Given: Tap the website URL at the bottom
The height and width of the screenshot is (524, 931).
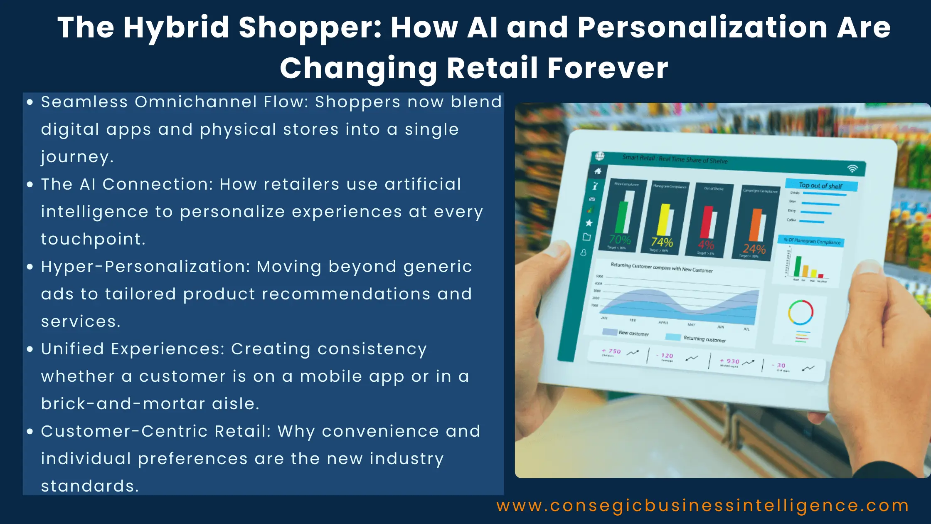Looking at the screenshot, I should coord(702,506).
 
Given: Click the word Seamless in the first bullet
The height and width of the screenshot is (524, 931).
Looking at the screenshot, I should coord(84,102).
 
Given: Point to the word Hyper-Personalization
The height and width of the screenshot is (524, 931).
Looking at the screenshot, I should coord(145,267).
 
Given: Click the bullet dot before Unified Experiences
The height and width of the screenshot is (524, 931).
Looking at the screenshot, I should coord(30,349).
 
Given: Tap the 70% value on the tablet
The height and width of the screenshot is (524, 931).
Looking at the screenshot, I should coord(620,240).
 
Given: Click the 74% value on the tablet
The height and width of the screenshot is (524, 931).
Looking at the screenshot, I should coord(662,242).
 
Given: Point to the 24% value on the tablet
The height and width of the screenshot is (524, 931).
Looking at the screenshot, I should coord(754,249).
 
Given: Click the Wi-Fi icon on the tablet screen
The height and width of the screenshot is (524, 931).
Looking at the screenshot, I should coord(852,168).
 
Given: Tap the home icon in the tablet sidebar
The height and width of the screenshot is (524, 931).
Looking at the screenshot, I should coord(598,171).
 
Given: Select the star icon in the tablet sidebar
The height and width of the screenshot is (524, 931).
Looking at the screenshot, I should coord(589,223).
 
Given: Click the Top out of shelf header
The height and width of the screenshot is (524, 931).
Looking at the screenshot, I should coord(820,185).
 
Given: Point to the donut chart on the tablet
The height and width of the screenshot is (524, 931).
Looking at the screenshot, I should coord(800,312).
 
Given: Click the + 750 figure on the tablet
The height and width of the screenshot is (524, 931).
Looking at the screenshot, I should coord(611,351).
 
